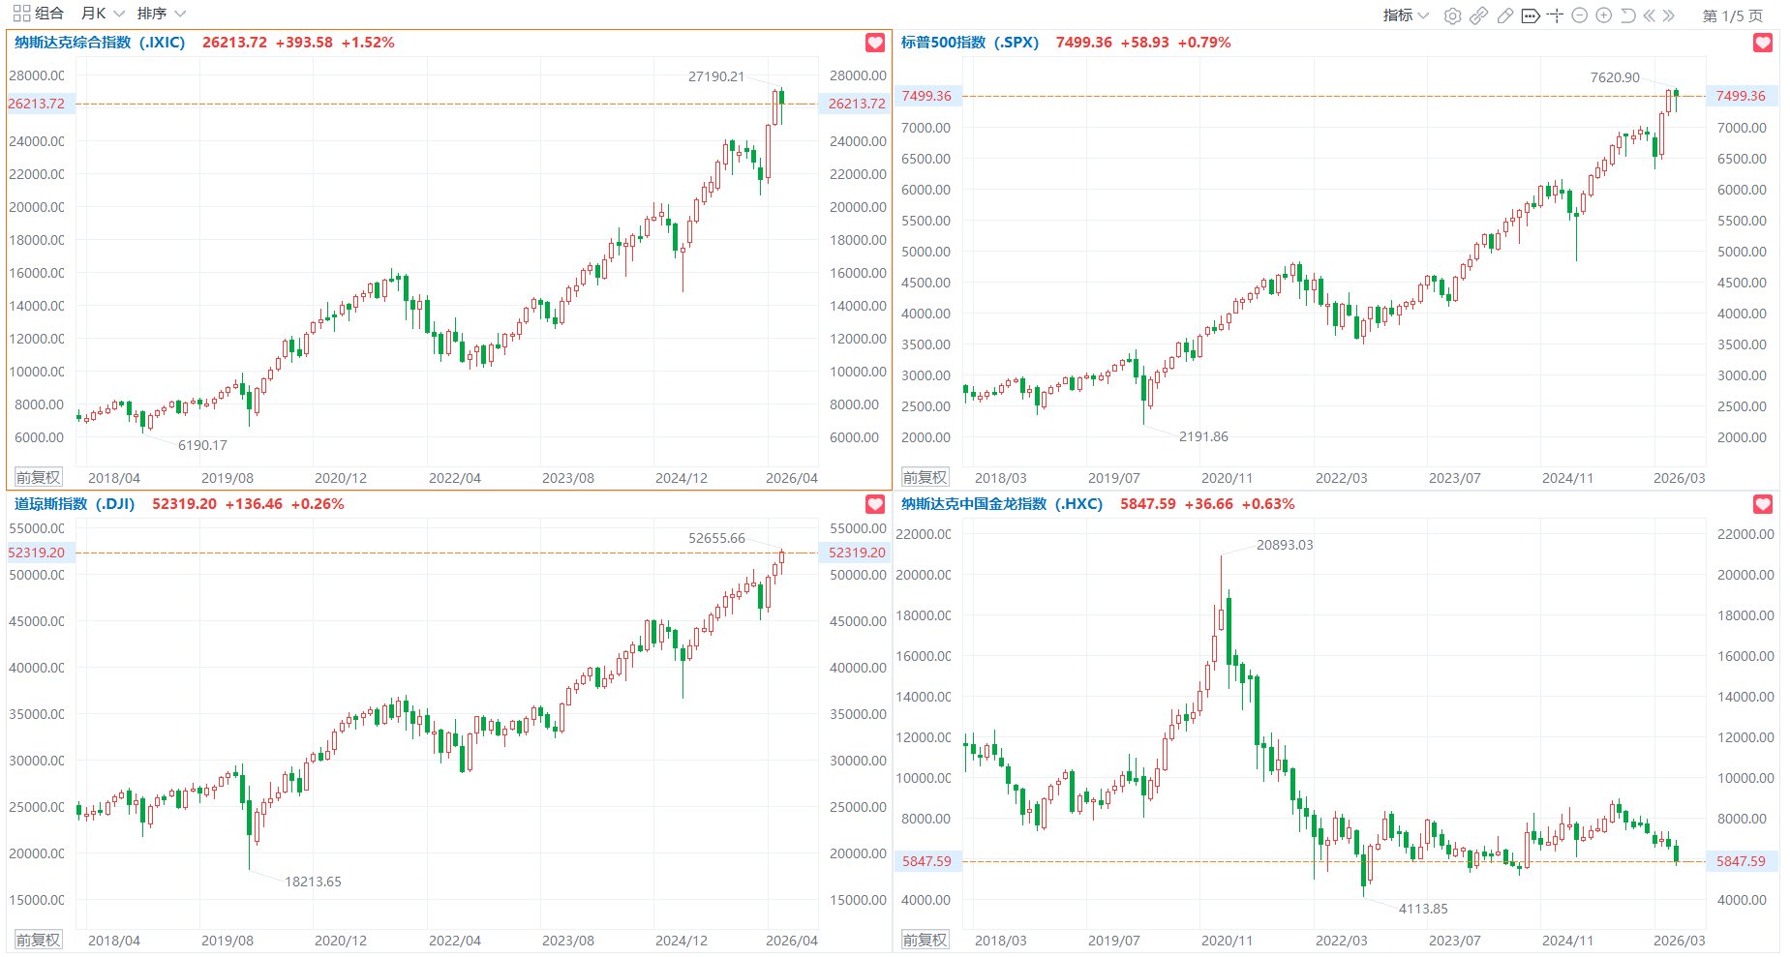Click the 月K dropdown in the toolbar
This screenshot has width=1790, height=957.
click(103, 14)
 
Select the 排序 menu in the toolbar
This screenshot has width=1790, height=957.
click(161, 14)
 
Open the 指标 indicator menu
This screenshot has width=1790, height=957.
click(1406, 15)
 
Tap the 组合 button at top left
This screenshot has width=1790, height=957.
click(39, 14)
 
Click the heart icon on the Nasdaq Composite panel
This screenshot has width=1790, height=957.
click(875, 43)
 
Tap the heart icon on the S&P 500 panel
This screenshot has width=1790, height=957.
click(1763, 43)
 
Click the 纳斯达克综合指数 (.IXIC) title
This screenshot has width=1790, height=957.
click(100, 43)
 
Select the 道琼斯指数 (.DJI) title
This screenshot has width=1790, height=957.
click(75, 504)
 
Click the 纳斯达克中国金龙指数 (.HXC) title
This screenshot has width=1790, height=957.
click(1002, 504)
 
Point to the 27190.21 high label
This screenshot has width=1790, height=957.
click(716, 76)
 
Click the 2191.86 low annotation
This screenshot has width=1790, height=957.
click(1203, 436)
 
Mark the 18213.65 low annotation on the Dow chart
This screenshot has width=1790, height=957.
click(313, 882)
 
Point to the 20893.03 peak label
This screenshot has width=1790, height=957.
click(1285, 545)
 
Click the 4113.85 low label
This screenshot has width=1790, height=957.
click(1423, 909)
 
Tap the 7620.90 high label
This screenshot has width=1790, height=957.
click(1615, 77)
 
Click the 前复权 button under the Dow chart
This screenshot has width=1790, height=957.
click(38, 940)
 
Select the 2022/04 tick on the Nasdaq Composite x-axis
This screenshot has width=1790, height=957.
click(454, 478)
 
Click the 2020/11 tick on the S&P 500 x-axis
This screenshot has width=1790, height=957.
click(1227, 478)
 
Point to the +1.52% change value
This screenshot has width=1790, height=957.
click(368, 43)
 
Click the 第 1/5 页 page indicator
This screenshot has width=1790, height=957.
click(1733, 15)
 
